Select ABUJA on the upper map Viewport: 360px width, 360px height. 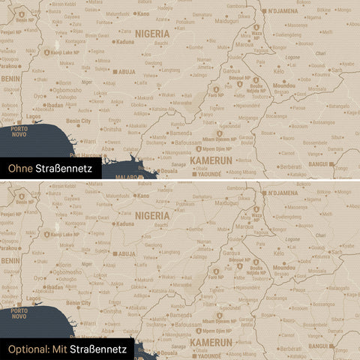pos(125,73)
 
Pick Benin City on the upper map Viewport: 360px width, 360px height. pos(79,121)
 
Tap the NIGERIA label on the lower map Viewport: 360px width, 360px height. pos(153,214)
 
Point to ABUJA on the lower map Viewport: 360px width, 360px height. pos(125,253)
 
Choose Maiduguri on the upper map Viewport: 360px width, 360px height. pos(227,22)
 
